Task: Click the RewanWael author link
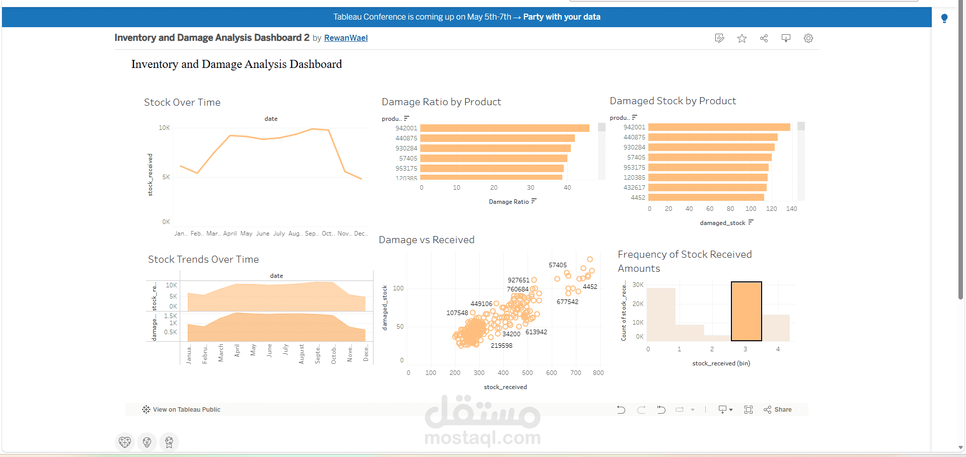click(346, 38)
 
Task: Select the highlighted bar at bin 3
click(746, 312)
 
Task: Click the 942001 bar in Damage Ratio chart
click(504, 128)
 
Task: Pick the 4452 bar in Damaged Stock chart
click(706, 198)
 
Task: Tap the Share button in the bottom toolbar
click(778, 410)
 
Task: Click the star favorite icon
click(742, 39)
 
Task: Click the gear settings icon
click(808, 39)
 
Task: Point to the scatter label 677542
click(567, 302)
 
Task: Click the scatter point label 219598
click(501, 346)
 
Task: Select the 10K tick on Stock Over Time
click(164, 128)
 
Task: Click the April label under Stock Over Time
click(230, 234)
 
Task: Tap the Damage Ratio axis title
click(509, 202)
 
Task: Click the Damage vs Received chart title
click(426, 240)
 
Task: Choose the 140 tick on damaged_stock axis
click(791, 209)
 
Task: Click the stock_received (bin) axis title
click(721, 363)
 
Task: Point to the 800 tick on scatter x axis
click(598, 373)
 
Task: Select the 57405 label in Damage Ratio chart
click(408, 159)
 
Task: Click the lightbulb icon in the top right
click(944, 19)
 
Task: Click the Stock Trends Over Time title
click(203, 260)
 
